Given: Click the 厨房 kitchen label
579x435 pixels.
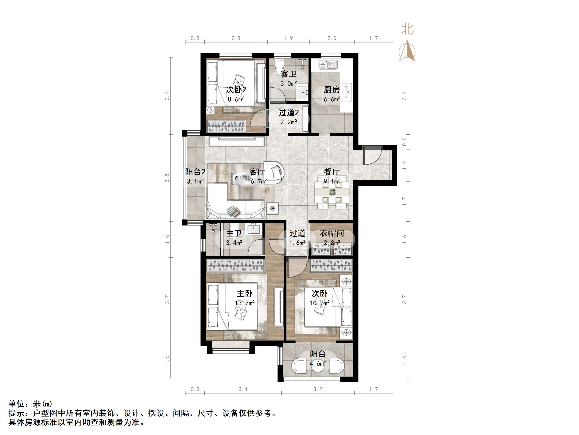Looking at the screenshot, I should [332, 90].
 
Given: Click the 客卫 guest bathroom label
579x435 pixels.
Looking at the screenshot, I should [288, 74].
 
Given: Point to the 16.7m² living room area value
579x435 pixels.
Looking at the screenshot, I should [257, 181].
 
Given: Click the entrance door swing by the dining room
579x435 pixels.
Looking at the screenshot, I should [372, 156].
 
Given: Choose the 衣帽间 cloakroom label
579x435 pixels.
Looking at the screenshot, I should [332, 233].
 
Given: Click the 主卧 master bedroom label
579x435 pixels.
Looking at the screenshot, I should [245, 293].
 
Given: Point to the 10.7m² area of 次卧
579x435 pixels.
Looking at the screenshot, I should [319, 303].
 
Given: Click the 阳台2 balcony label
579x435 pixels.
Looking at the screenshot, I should [195, 172].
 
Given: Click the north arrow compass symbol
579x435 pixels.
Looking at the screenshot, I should [407, 51].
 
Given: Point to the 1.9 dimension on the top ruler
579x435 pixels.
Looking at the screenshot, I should [288, 38].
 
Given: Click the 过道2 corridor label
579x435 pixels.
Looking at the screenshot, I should [288, 113].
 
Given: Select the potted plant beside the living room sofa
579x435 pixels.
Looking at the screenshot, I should [273, 208].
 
